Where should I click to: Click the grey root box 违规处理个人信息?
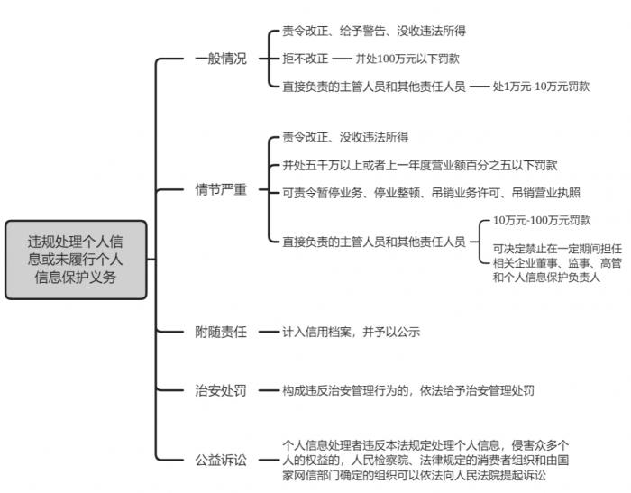pyautogui.click(x=76, y=260)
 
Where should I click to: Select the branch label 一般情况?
pyautogui.click(x=220, y=59)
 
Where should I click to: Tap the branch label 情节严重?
pyautogui.click(x=220, y=190)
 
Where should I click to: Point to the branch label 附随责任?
pyautogui.click(x=220, y=332)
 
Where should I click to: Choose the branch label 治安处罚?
pyautogui.click(x=220, y=390)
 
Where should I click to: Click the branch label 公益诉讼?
pyautogui.click(x=220, y=460)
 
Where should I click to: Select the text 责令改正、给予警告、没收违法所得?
pyautogui.click(x=373, y=32)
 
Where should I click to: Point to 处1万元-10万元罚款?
pyautogui.click(x=541, y=87)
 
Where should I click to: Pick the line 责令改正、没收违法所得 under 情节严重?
pyautogui.click(x=345, y=138)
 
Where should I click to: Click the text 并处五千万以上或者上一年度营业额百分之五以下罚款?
pyautogui.click(x=419, y=165)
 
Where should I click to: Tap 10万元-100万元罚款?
pyautogui.click(x=542, y=220)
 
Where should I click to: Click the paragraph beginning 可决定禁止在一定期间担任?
pyautogui.click(x=557, y=262)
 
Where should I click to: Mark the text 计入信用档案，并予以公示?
pyautogui.click(x=351, y=332)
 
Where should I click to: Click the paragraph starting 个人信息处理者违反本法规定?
pyautogui.click(x=425, y=460)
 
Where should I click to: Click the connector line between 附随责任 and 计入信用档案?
pyautogui.click(x=265, y=332)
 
